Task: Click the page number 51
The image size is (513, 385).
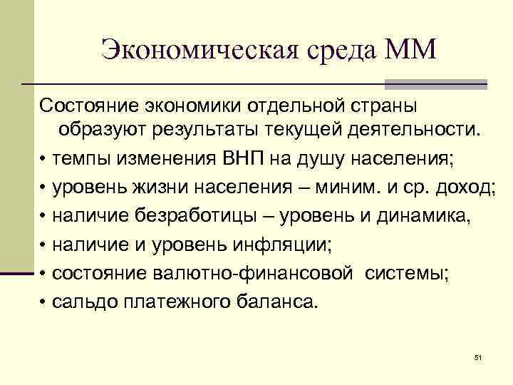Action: (478, 356)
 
